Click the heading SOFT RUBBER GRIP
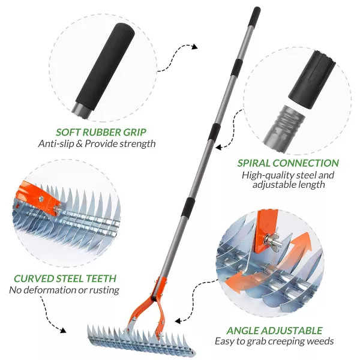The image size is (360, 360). [101, 131]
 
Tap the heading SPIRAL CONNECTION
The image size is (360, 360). [288, 163]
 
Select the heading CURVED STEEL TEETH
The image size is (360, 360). [65, 278]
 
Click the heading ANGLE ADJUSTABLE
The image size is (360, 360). [274, 331]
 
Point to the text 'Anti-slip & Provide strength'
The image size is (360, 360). [97, 143]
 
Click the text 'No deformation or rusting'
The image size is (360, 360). [64, 290]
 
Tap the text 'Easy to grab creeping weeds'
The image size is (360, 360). [274, 341]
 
